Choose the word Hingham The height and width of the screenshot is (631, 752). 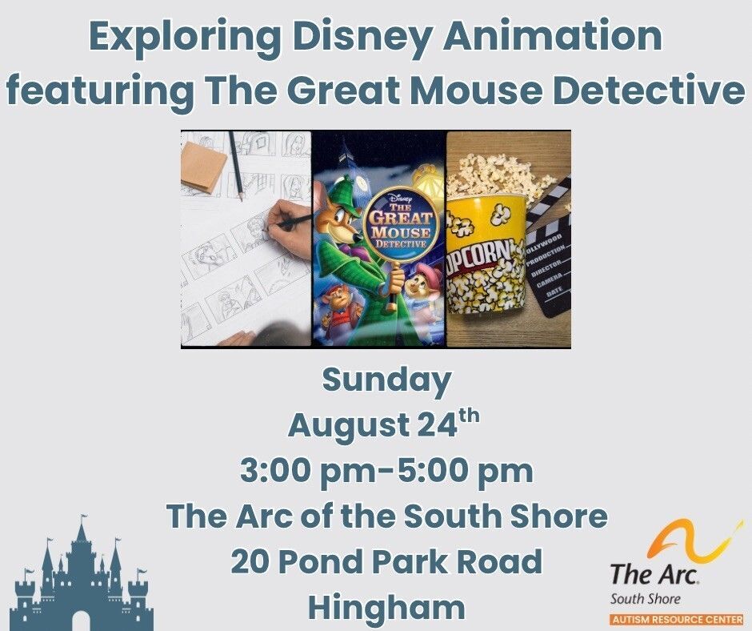[386, 608]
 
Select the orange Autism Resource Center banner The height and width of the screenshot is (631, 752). [677, 620]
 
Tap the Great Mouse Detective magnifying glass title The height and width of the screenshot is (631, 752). [401, 225]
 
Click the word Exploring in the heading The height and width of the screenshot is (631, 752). [186, 38]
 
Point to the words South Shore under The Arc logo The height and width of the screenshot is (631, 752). [645, 599]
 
